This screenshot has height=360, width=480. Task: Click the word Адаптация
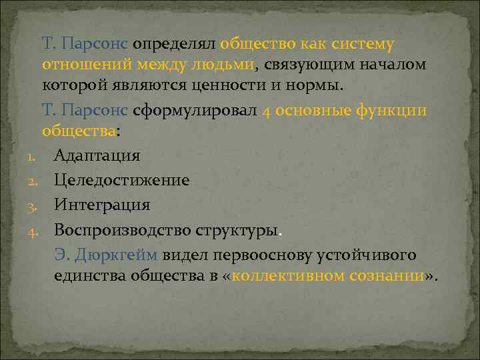[97, 156]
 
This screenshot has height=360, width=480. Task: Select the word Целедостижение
[121, 181]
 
